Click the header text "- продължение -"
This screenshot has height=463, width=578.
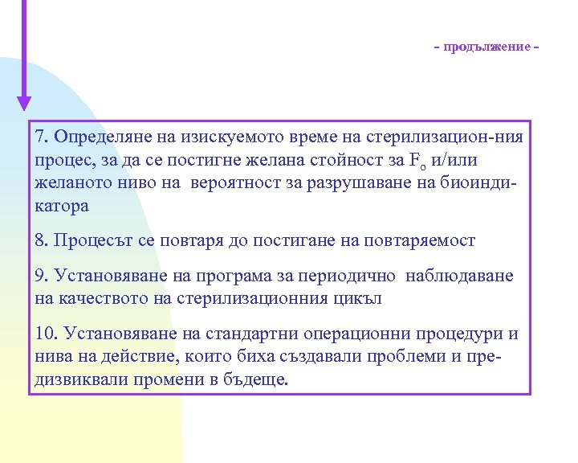(x=486, y=47)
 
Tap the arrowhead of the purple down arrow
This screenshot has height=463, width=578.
(x=24, y=102)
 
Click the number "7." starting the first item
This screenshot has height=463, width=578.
(x=43, y=136)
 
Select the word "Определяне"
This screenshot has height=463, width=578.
(x=103, y=136)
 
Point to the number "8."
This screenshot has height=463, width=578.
(x=43, y=240)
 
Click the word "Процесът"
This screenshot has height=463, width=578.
(x=93, y=240)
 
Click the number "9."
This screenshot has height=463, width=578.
(x=43, y=276)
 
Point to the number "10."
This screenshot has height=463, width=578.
(x=47, y=333)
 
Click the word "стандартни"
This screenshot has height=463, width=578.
(x=256, y=333)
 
